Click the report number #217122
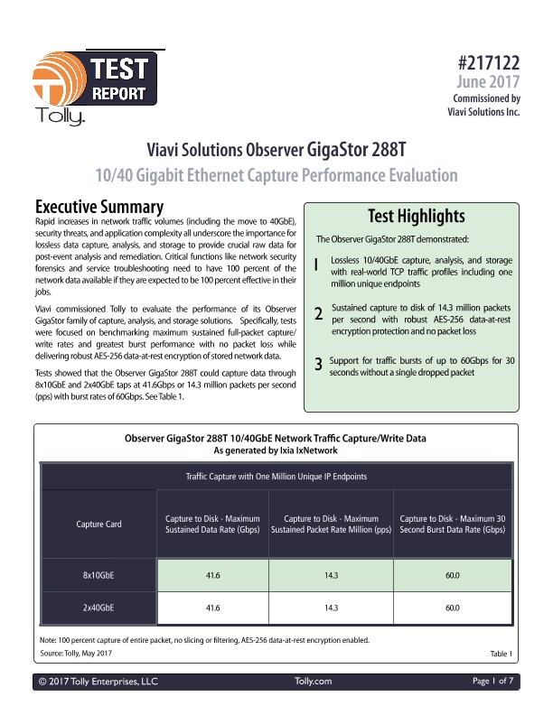pos(489,64)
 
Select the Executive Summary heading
pos(98,207)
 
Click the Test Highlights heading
pos(417,217)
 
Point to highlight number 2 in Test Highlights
pos(317,314)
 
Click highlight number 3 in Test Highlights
pos(317,365)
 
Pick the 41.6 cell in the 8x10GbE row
pos(213,574)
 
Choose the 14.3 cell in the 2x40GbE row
pos(331,608)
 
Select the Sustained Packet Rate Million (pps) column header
pos(331,525)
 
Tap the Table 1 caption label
pos(501,653)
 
